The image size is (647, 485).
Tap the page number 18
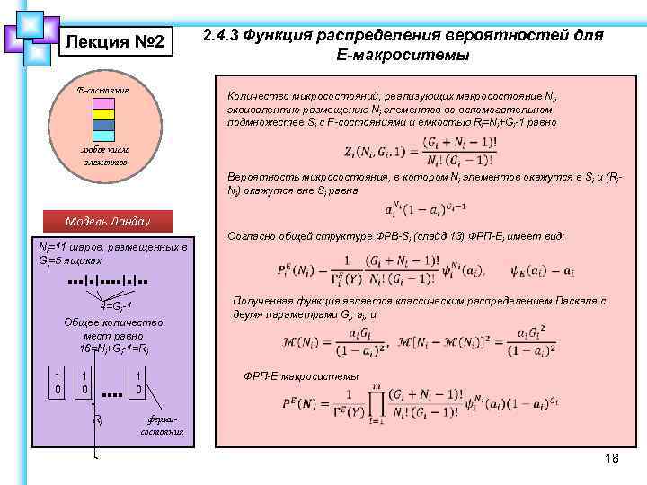coord(612,459)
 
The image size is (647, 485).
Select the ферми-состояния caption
coord(163,425)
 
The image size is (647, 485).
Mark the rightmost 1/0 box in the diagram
coord(139,382)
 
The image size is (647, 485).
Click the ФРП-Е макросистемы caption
coord(301,376)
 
